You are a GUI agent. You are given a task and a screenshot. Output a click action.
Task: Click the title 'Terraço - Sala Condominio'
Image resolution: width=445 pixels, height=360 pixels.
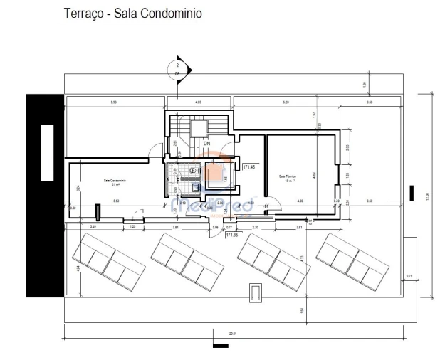click(x=130, y=14)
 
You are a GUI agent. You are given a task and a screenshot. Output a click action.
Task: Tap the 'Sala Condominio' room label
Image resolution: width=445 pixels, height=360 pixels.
click(x=114, y=181)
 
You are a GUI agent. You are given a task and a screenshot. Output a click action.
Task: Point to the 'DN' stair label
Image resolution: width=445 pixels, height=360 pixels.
click(x=207, y=143)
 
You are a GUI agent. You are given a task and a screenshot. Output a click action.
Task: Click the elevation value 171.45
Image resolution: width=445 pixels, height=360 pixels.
click(x=249, y=168)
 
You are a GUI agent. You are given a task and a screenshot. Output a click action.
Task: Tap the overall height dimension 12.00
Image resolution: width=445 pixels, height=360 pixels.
click(x=427, y=196)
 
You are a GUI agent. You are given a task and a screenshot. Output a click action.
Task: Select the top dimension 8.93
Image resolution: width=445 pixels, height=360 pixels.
click(x=114, y=103)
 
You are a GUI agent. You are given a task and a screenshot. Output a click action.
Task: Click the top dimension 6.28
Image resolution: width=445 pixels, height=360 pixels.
click(x=286, y=103)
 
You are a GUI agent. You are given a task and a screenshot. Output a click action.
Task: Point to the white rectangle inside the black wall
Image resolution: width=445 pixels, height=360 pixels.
click(x=47, y=152)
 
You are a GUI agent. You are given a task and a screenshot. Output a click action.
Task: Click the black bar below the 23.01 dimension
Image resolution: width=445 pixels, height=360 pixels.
click(x=221, y=346)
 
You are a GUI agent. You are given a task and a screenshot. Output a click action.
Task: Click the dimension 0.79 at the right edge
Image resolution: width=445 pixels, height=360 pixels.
click(x=409, y=275)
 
